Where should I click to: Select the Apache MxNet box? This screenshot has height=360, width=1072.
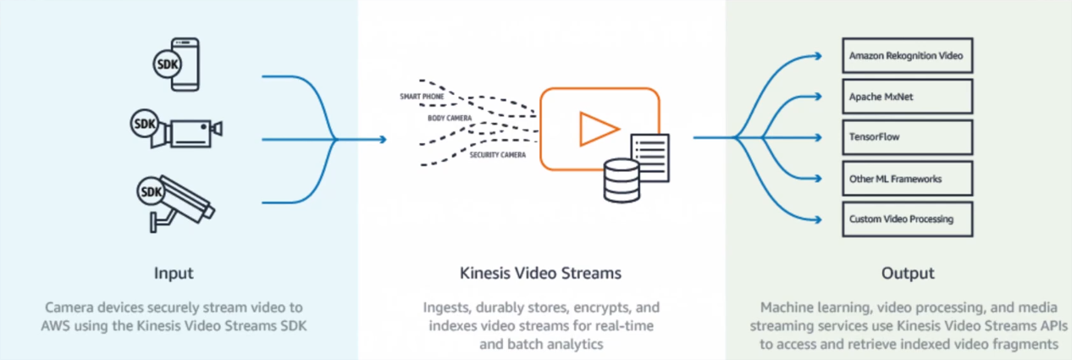[x=907, y=97]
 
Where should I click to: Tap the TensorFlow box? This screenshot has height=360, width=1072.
[x=907, y=136]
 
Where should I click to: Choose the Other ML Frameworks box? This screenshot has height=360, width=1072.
[x=907, y=179]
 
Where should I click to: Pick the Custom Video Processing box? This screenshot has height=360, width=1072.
[x=907, y=219]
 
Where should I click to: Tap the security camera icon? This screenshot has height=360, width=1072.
[x=181, y=202]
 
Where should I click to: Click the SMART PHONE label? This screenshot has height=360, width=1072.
[x=422, y=97]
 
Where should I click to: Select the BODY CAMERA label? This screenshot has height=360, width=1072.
[x=449, y=119]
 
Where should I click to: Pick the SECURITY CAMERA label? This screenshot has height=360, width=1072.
[x=498, y=155]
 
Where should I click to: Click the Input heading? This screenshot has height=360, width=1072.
[x=174, y=273]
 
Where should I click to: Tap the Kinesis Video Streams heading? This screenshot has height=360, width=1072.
[x=540, y=273]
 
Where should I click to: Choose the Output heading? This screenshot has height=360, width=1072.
[x=907, y=273]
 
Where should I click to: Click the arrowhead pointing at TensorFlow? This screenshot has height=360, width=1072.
[x=817, y=136]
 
